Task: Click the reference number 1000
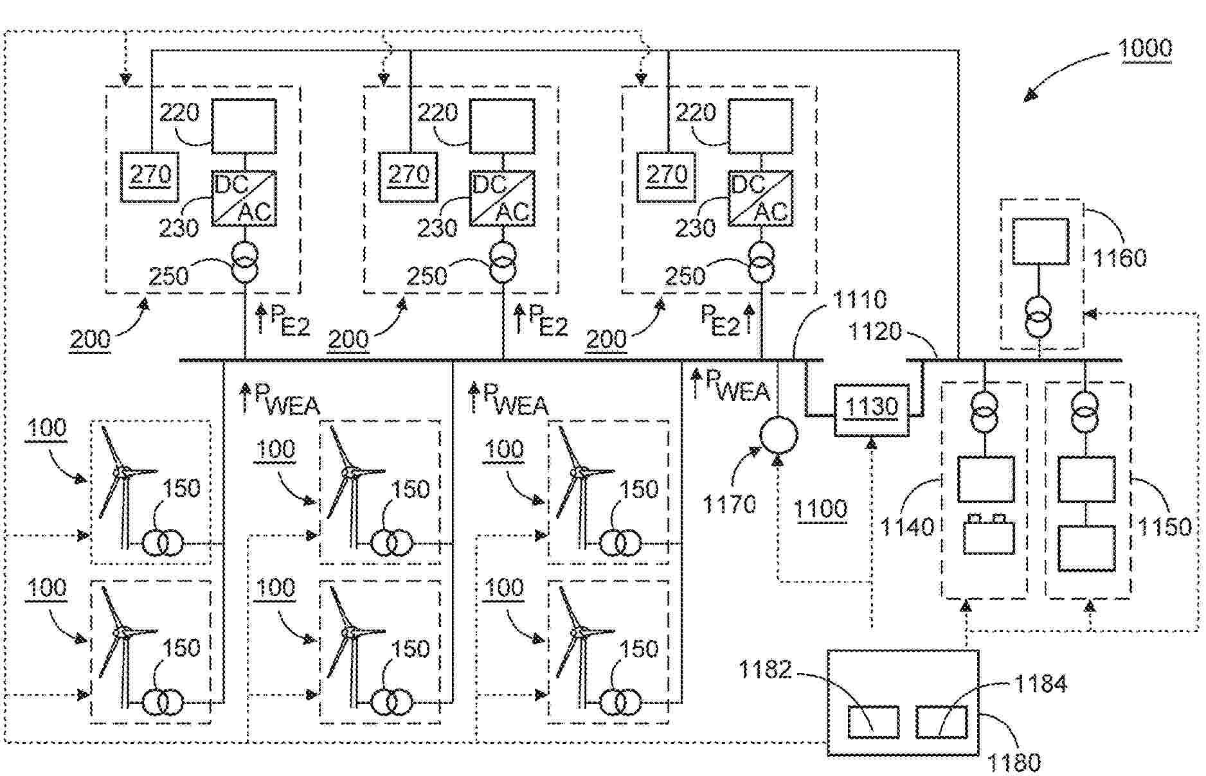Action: tap(1145, 49)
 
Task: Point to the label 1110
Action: tap(860, 299)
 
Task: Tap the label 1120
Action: tap(876, 331)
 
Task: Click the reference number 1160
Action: tap(1119, 258)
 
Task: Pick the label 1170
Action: tap(729, 504)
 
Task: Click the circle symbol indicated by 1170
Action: tap(779, 435)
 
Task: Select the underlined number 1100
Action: tap(820, 509)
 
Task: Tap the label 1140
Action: tap(906, 527)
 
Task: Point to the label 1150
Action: tap(1164, 527)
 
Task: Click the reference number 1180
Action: tap(1014, 763)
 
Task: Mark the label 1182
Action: tap(764, 670)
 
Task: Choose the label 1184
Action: tap(1041, 683)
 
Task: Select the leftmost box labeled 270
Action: tap(150, 176)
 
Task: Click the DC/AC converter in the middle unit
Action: tap(501, 198)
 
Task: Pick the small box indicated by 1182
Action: tap(872, 722)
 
